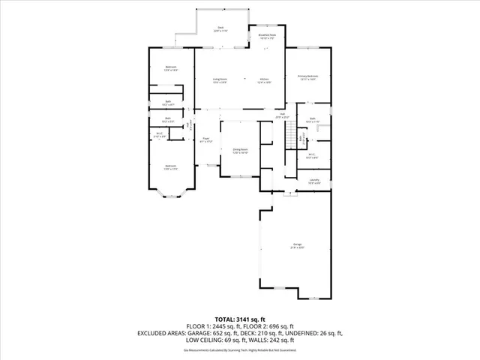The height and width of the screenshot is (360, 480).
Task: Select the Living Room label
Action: [219, 80]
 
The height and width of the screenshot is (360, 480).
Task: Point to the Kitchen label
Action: [265, 80]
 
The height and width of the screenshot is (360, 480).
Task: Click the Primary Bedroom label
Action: [307, 77]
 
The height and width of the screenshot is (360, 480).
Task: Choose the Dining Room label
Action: [240, 151]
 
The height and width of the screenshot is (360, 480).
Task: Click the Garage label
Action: [298, 245]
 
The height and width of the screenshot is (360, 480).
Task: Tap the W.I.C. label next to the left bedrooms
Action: [159, 136]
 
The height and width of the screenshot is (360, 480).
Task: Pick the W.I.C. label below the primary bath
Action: [313, 156]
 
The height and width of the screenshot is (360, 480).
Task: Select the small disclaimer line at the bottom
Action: [240, 349]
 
